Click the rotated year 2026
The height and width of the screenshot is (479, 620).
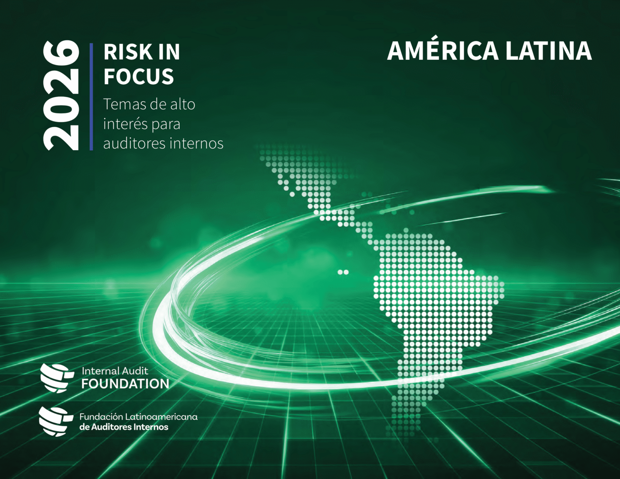pos(61,95)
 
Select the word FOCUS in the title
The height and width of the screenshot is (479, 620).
pos(138,76)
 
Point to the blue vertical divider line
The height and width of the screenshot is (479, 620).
pos(91,97)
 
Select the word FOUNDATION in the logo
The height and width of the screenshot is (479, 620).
pos(125,384)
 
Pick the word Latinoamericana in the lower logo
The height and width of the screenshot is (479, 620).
pos(161,417)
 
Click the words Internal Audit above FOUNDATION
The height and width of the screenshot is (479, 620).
pos(115,371)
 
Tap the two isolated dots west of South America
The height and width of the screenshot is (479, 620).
pos(343,272)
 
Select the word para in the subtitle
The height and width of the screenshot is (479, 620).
pos(166,125)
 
